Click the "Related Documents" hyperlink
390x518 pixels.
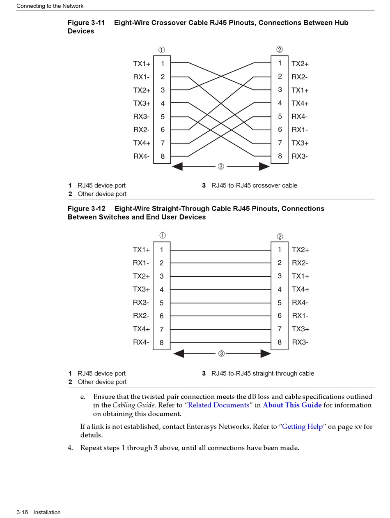click(218, 405)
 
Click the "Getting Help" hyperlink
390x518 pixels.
click(303, 427)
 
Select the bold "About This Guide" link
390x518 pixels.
click(292, 405)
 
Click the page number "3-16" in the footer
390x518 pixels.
click(22, 512)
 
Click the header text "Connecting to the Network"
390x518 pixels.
click(50, 6)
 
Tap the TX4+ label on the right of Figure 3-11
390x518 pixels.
click(300, 104)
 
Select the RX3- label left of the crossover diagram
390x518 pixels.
click(141, 117)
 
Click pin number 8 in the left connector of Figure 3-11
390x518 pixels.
click(163, 156)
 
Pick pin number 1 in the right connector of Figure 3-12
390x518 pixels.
click(280, 250)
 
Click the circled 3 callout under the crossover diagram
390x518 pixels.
click(221, 166)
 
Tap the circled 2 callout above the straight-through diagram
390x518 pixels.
click(280, 236)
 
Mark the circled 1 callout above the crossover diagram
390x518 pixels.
click(162, 50)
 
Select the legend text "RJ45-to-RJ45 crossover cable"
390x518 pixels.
click(254, 185)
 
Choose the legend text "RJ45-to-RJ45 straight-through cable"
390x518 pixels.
click(263, 374)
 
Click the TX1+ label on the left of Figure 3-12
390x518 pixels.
click(141, 250)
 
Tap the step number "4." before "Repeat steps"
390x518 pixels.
click(70, 448)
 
